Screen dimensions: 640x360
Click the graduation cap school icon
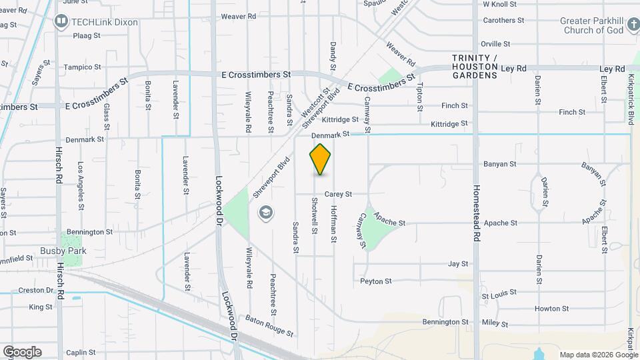click(266, 213)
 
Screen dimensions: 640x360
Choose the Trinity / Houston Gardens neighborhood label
click(475, 67)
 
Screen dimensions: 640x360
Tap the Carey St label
click(338, 194)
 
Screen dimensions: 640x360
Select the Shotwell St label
click(314, 215)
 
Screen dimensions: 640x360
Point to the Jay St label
click(458, 264)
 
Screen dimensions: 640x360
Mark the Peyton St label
click(375, 281)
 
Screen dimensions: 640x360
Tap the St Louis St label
click(499, 293)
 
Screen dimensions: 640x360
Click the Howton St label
click(551, 309)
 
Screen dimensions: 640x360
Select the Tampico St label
click(82, 67)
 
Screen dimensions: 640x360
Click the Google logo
click(22, 352)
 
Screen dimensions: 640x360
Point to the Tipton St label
click(419, 96)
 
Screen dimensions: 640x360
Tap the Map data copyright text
click(599, 355)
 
